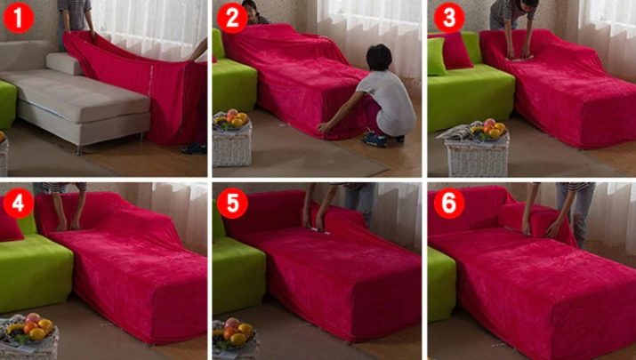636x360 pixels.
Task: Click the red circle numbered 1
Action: click(x=19, y=19)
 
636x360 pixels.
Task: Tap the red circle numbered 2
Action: click(x=232, y=19)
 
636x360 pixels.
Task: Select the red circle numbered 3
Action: click(x=449, y=19)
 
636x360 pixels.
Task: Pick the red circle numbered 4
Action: click(x=19, y=204)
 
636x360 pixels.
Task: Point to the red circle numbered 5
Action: click(x=232, y=204)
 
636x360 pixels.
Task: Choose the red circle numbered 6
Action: click(x=449, y=204)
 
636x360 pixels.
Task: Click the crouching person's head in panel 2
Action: click(x=379, y=57)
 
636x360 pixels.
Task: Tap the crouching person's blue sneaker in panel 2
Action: click(x=374, y=139)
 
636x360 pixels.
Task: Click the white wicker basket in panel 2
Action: click(x=232, y=145)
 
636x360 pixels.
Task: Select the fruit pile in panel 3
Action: click(x=488, y=129)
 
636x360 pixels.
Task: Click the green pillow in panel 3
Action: click(x=437, y=56)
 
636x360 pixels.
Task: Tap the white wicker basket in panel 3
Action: click(x=477, y=156)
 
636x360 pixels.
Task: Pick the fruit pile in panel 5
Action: click(x=235, y=331)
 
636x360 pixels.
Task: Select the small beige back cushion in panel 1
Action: click(x=65, y=64)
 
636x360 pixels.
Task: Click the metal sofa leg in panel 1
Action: click(x=78, y=150)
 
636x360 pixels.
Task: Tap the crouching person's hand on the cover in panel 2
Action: click(x=324, y=128)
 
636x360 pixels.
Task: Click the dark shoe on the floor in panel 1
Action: click(x=194, y=148)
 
